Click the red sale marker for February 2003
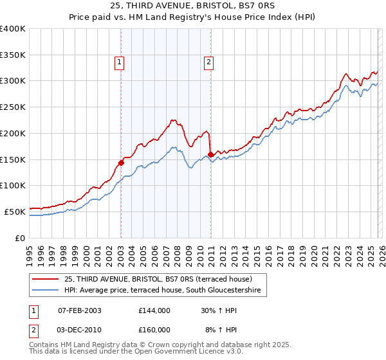click(121, 163)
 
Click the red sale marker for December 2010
click(210, 154)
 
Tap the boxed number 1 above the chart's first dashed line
click(120, 62)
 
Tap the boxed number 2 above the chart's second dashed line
click(209, 62)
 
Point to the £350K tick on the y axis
click(13, 55)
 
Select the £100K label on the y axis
click(13, 185)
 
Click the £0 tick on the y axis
click(21, 237)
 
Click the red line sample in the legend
click(46, 279)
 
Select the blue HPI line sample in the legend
click(46, 291)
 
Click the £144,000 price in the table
click(154, 310)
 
